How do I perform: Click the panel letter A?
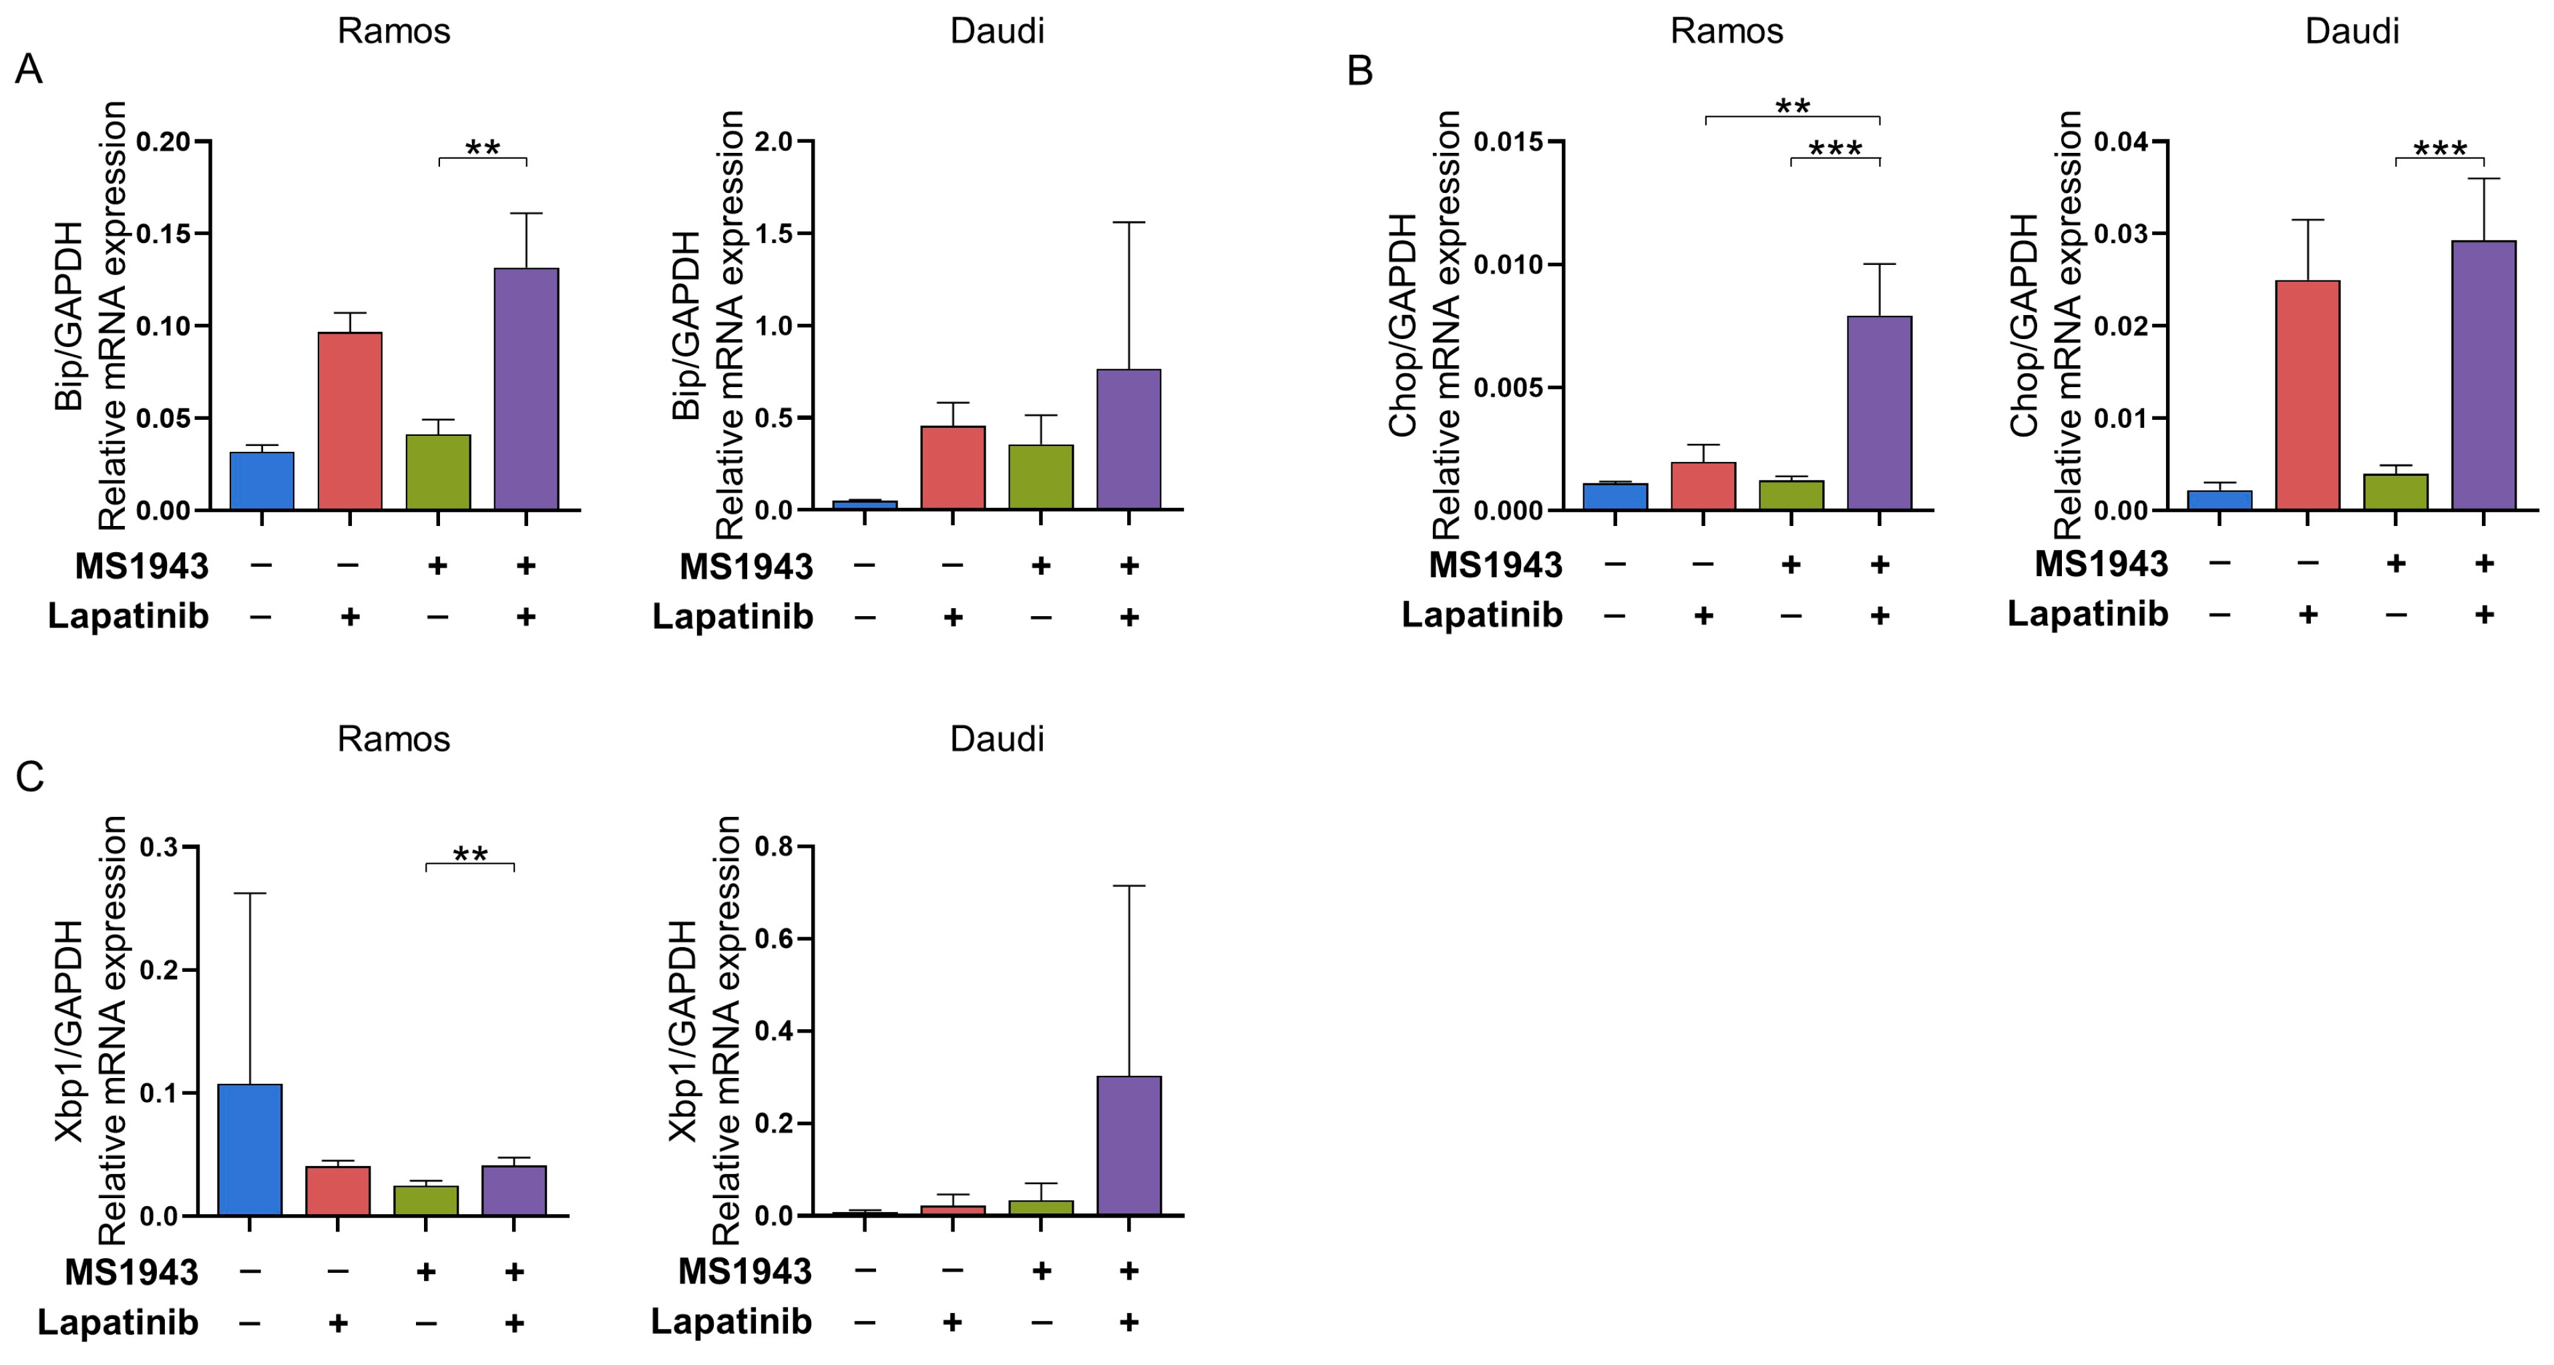pyautogui.click(x=29, y=70)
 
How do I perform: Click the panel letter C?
pyautogui.click(x=30, y=777)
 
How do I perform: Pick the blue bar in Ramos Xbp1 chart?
pyautogui.click(x=250, y=1150)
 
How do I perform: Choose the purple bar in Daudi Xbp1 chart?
pyautogui.click(x=1128, y=1146)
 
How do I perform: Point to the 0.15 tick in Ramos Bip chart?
pyautogui.click(x=163, y=234)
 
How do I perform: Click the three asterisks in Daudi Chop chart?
pyautogui.click(x=2440, y=150)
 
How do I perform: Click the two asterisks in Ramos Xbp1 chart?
pyautogui.click(x=470, y=854)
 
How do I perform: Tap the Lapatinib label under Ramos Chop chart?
pyautogui.click(x=1481, y=615)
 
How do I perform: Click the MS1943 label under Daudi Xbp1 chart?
pyautogui.click(x=744, y=1271)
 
